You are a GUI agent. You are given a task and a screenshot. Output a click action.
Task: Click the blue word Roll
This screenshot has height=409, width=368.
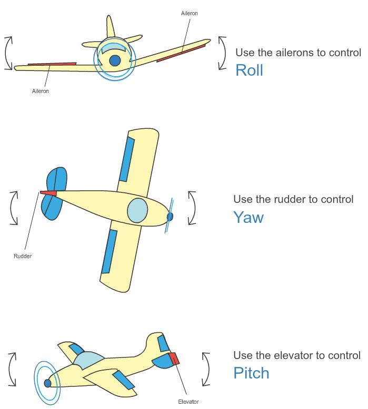click(x=249, y=70)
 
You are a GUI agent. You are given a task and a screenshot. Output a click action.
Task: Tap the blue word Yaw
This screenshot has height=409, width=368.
click(x=248, y=217)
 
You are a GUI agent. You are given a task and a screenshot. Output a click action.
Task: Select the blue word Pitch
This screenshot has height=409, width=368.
click(x=251, y=373)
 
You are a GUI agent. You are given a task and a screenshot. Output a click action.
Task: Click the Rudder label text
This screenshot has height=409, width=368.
click(x=23, y=256)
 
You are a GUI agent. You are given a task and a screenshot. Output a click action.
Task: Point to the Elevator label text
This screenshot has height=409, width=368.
click(x=188, y=402)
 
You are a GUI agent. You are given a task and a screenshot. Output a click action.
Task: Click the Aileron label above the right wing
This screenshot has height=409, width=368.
click(x=190, y=13)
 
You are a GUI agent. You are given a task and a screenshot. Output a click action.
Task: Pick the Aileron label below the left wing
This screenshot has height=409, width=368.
click(x=41, y=91)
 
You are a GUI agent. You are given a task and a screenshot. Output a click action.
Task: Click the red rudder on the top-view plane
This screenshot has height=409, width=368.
click(x=48, y=193)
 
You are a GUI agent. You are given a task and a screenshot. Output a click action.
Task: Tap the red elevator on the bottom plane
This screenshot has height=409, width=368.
click(x=174, y=359)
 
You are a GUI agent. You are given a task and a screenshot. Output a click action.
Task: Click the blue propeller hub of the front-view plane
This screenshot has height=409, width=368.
click(x=115, y=60)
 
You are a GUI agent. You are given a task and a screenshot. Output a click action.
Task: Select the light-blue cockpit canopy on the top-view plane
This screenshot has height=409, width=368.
click(x=137, y=210)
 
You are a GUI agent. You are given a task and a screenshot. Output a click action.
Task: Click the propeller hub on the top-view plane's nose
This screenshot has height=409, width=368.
click(x=170, y=216)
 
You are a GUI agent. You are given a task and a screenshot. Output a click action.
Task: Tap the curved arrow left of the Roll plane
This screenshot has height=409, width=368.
click(x=8, y=53)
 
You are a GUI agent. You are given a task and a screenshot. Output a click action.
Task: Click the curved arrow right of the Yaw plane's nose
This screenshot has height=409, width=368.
click(x=192, y=208)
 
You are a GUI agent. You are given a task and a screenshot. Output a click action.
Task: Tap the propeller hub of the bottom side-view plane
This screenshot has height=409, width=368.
click(x=48, y=383)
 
